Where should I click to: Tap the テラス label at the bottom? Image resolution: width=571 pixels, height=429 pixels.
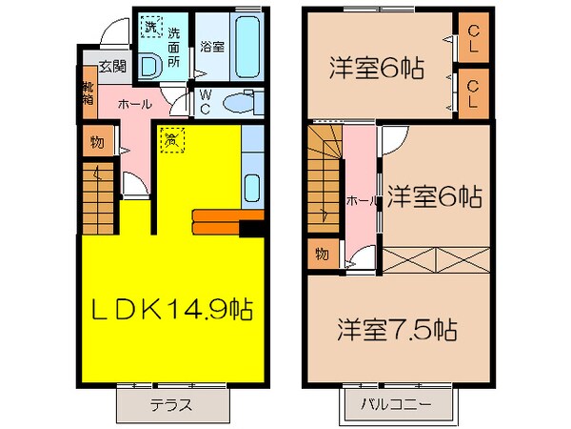coord(170,404)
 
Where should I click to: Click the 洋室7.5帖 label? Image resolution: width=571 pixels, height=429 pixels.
coord(395,330)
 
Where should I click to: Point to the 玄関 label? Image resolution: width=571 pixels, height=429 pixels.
coord(111,67)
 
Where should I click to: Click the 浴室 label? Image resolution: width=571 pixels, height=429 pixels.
coord(211,46)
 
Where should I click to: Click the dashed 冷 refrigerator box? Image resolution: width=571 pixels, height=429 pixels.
coord(171,139)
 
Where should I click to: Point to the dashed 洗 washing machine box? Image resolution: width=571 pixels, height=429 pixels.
coord(149,27)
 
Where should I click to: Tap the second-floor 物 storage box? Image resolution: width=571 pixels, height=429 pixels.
coord(321,255)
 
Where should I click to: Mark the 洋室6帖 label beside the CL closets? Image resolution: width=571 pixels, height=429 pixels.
coord(377,69)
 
